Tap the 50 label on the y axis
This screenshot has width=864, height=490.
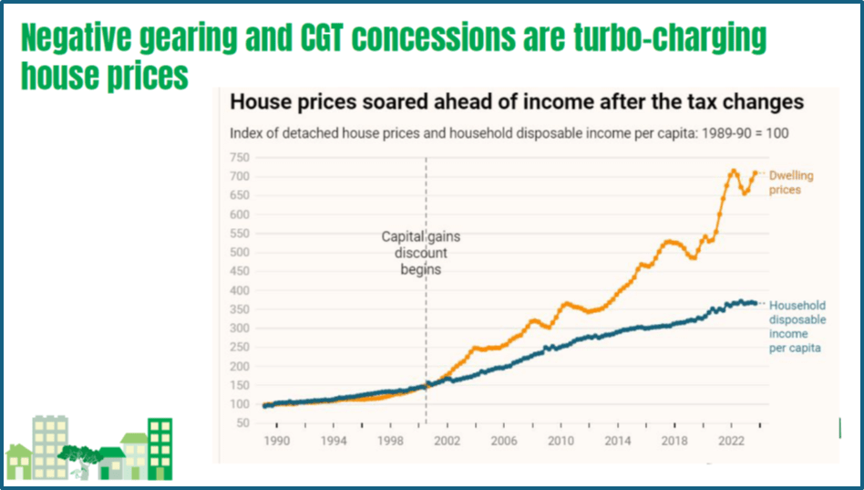pos(240,423)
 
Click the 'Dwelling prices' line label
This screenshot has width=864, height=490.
pos(791,182)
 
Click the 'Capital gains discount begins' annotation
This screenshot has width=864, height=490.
pos(421,253)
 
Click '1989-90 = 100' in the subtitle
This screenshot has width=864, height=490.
pos(746,132)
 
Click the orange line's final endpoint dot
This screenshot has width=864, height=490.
pos(756,172)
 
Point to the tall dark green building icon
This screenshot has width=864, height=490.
pos(160,448)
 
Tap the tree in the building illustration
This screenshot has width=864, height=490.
pos(79,454)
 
